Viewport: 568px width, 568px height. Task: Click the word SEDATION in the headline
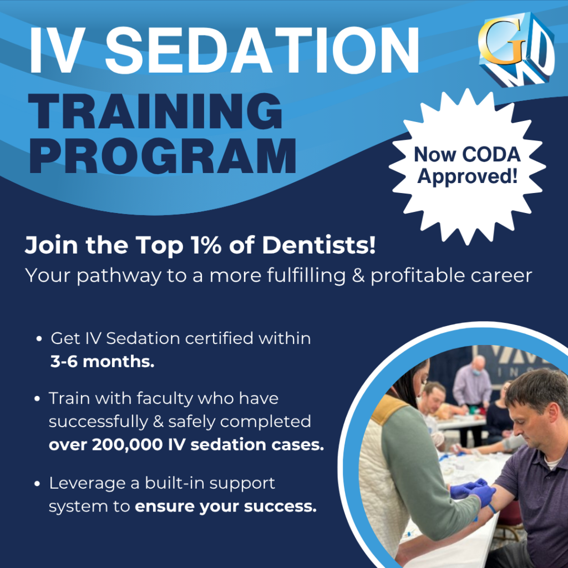pos(262,50)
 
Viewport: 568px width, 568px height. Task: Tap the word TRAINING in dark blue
pos(155,111)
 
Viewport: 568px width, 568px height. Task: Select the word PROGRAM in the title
pos(163,156)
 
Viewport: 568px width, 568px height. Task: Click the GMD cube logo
pos(516,49)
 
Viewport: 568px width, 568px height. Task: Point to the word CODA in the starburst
pos(491,155)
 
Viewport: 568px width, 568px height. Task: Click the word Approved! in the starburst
pos(467,176)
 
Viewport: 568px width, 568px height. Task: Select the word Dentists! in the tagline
pos(319,245)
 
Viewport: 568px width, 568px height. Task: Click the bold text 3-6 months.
pos(103,362)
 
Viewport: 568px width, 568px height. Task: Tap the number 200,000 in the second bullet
pos(128,445)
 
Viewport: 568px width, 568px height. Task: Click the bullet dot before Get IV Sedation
pos(39,339)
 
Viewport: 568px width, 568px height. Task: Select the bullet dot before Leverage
pos(37,484)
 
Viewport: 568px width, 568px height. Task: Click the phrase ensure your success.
pos(226,506)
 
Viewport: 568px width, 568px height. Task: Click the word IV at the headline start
pos(57,50)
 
